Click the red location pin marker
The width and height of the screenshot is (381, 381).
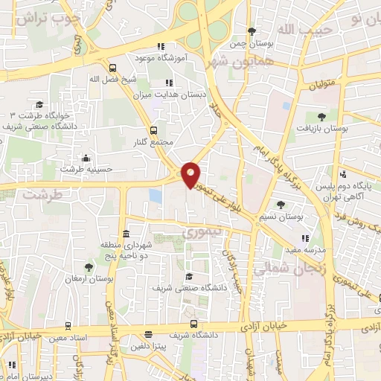192,175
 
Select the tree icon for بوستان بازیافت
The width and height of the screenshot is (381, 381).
321,117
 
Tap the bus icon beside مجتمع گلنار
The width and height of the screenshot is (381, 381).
154,129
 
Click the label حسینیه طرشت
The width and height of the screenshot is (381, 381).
86,169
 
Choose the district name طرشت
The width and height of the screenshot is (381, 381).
40,194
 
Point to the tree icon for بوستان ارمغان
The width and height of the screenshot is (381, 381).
89,266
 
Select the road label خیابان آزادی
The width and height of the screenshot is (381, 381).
264,327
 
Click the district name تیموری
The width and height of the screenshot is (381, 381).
197,234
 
